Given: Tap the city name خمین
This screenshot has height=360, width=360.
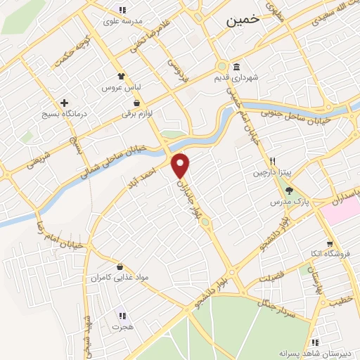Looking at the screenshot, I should (x=243, y=22).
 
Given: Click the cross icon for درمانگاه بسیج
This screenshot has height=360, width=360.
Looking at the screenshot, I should (x=64, y=103).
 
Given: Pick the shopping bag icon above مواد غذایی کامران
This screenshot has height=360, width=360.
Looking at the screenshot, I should (x=120, y=267).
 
